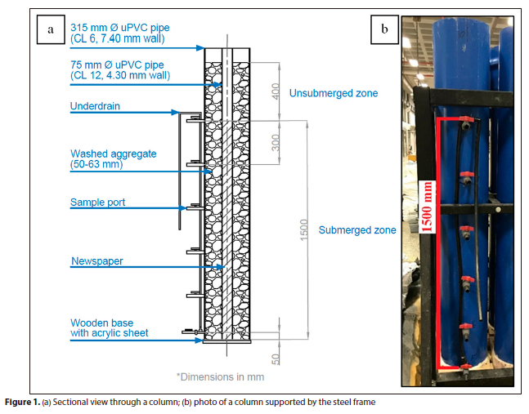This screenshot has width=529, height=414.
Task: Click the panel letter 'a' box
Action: pos(52,30)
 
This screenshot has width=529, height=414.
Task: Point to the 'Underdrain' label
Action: pos(95,106)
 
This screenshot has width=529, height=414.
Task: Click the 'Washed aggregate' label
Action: pos(113,158)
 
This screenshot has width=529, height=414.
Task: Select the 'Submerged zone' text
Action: pos(356,230)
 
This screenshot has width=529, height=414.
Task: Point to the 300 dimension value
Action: pos(276,143)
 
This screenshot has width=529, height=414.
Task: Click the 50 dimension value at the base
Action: pos(276,358)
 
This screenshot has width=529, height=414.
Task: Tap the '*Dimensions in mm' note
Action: pos(220,377)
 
